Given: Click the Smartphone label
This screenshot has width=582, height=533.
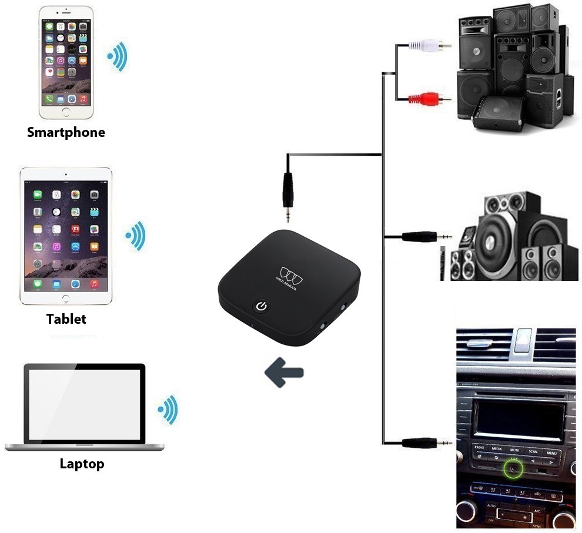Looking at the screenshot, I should pos(66,132).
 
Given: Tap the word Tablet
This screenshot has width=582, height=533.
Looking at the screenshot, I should pos(66,319).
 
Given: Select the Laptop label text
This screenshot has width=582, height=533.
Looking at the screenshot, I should pos(82,464).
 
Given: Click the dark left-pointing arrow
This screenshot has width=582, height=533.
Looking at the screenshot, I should pos(284,373).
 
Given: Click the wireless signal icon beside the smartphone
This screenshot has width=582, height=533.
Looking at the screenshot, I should pos(117,56).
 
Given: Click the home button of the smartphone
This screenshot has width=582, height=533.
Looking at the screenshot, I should pos(66,112).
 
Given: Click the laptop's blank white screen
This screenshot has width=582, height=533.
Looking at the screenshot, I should pos(83,404).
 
